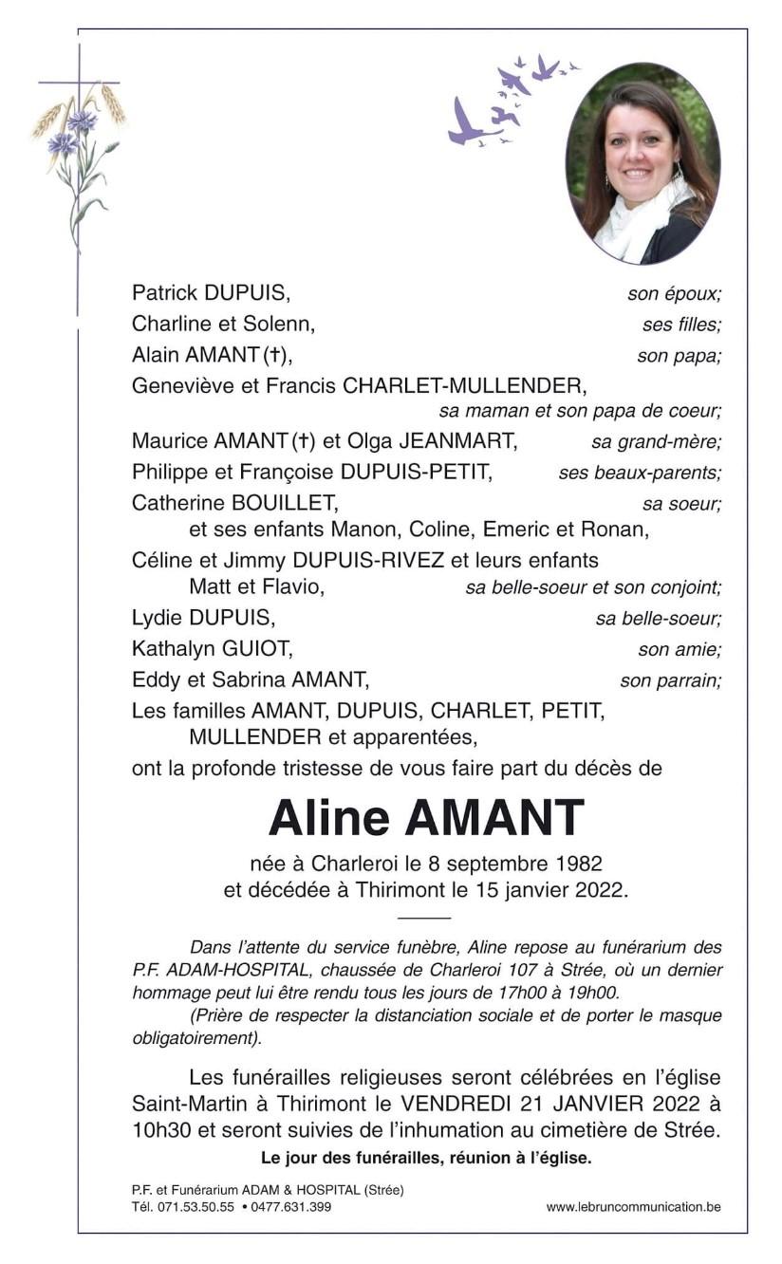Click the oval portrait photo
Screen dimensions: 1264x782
642,163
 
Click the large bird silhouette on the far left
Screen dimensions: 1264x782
466,123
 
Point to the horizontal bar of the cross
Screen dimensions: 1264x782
79,83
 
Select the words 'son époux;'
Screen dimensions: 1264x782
674,294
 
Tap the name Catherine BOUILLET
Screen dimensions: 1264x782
234,503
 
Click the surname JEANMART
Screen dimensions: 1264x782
457,441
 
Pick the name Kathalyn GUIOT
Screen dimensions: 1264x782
213,649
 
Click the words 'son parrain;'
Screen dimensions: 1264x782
670,680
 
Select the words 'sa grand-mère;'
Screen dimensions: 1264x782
656,441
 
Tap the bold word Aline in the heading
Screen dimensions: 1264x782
328,818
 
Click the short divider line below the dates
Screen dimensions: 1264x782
423,918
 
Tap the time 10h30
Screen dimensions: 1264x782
161,1130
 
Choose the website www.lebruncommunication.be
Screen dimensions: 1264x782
633,1207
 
